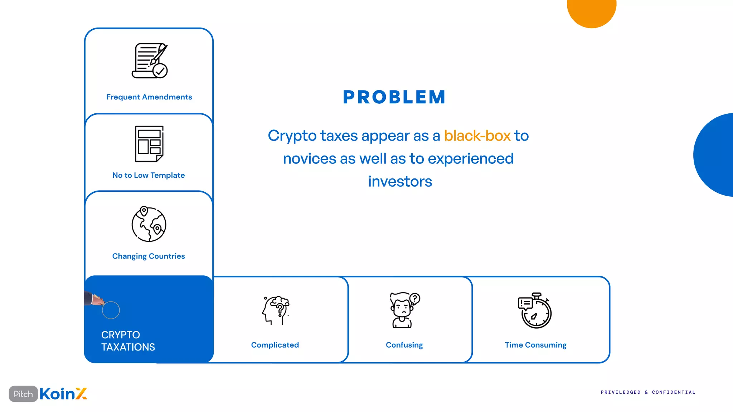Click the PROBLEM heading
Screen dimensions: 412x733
(x=394, y=97)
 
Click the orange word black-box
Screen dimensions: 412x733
(x=477, y=136)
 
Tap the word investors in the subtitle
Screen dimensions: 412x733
(x=400, y=182)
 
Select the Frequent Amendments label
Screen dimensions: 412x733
(x=149, y=97)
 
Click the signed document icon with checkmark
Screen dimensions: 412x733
(x=150, y=61)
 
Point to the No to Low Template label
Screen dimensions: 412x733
(x=149, y=175)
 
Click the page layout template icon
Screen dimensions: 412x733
(x=149, y=144)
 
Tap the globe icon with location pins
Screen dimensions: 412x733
(x=149, y=224)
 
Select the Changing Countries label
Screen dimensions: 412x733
(x=149, y=256)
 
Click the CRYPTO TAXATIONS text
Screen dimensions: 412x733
(x=128, y=341)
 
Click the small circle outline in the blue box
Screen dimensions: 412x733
(x=111, y=310)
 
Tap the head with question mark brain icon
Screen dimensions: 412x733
(x=276, y=310)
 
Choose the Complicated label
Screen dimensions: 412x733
(x=275, y=345)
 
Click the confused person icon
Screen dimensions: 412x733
(x=404, y=310)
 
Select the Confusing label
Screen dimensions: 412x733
(x=404, y=345)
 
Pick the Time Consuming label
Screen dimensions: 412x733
(x=535, y=345)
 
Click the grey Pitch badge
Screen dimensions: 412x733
(x=23, y=394)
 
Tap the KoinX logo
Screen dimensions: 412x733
(x=63, y=394)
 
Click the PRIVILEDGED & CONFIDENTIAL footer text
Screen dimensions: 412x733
(x=648, y=392)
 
